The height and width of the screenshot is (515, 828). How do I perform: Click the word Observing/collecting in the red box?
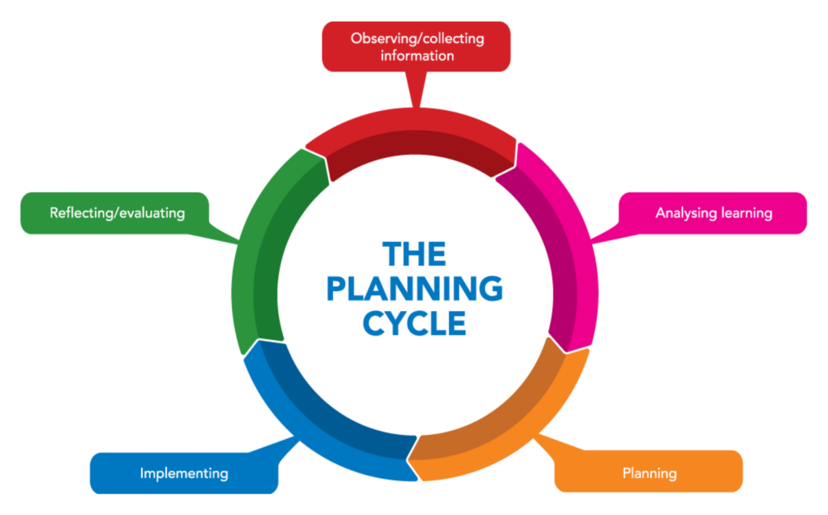click(417, 39)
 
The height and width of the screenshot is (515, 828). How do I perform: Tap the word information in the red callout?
click(417, 56)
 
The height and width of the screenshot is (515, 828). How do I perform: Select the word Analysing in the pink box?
click(686, 213)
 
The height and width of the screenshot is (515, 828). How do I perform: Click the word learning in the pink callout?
click(745, 213)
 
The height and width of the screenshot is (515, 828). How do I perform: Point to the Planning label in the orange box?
click(649, 474)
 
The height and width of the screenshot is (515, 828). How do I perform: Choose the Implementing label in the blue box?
click(184, 474)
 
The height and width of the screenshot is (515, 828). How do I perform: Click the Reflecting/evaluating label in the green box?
click(117, 213)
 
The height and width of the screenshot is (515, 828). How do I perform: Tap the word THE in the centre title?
click(415, 254)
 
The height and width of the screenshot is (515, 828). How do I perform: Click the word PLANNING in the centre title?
click(415, 290)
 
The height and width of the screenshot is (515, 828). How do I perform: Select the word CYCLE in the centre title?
click(415, 324)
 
